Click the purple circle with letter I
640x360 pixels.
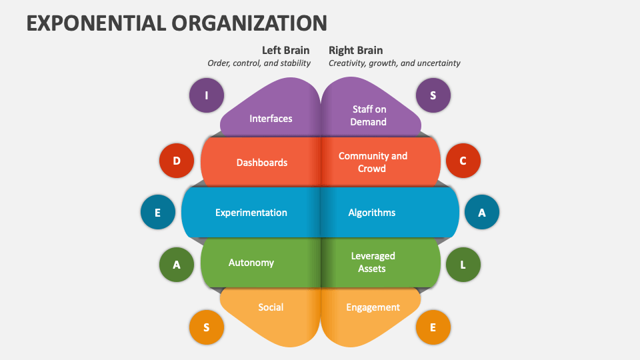pos(206,95)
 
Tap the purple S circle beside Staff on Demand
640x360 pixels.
pos(433,95)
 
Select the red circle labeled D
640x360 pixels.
pos(177,161)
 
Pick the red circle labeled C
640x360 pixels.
pos(463,161)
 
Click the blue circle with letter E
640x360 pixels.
pos(158,213)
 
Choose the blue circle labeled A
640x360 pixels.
pos(481,213)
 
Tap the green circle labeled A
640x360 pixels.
pos(177,265)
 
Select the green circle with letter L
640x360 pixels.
pos(463,265)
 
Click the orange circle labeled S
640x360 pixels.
pos(206,327)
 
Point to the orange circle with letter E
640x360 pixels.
pos(433,327)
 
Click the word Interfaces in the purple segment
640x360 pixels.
pos(271,119)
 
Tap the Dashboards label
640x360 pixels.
pos(262,163)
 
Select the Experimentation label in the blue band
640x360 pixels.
pos(251,213)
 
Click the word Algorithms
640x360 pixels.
pos(371,213)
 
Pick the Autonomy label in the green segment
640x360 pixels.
pos(251,263)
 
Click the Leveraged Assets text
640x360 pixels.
pos(373,262)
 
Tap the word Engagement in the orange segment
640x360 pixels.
pos(373,307)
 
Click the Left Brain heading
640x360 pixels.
pos(285,51)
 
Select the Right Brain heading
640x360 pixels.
pos(355,51)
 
